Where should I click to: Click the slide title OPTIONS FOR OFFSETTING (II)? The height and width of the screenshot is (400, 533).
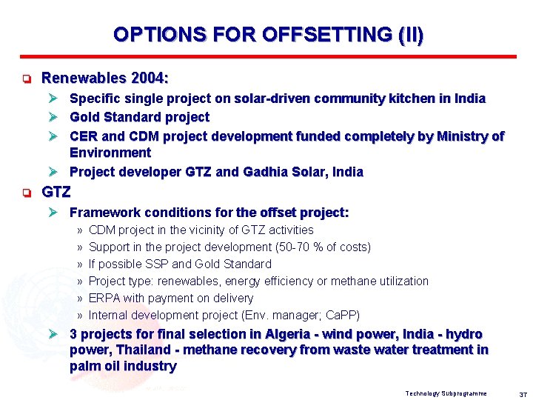(268, 35)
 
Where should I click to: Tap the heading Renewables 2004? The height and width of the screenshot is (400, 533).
(105, 78)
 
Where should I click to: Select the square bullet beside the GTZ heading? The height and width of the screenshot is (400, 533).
(25, 193)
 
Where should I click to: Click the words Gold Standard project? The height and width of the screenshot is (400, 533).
(139, 117)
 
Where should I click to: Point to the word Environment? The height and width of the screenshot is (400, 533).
(110, 153)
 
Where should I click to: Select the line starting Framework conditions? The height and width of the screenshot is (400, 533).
(209, 213)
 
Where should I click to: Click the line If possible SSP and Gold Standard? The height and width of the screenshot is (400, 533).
(180, 264)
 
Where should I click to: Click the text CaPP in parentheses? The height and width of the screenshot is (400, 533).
(341, 315)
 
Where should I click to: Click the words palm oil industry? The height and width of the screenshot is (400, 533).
(123, 366)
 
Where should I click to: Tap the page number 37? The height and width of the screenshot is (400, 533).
(522, 393)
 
